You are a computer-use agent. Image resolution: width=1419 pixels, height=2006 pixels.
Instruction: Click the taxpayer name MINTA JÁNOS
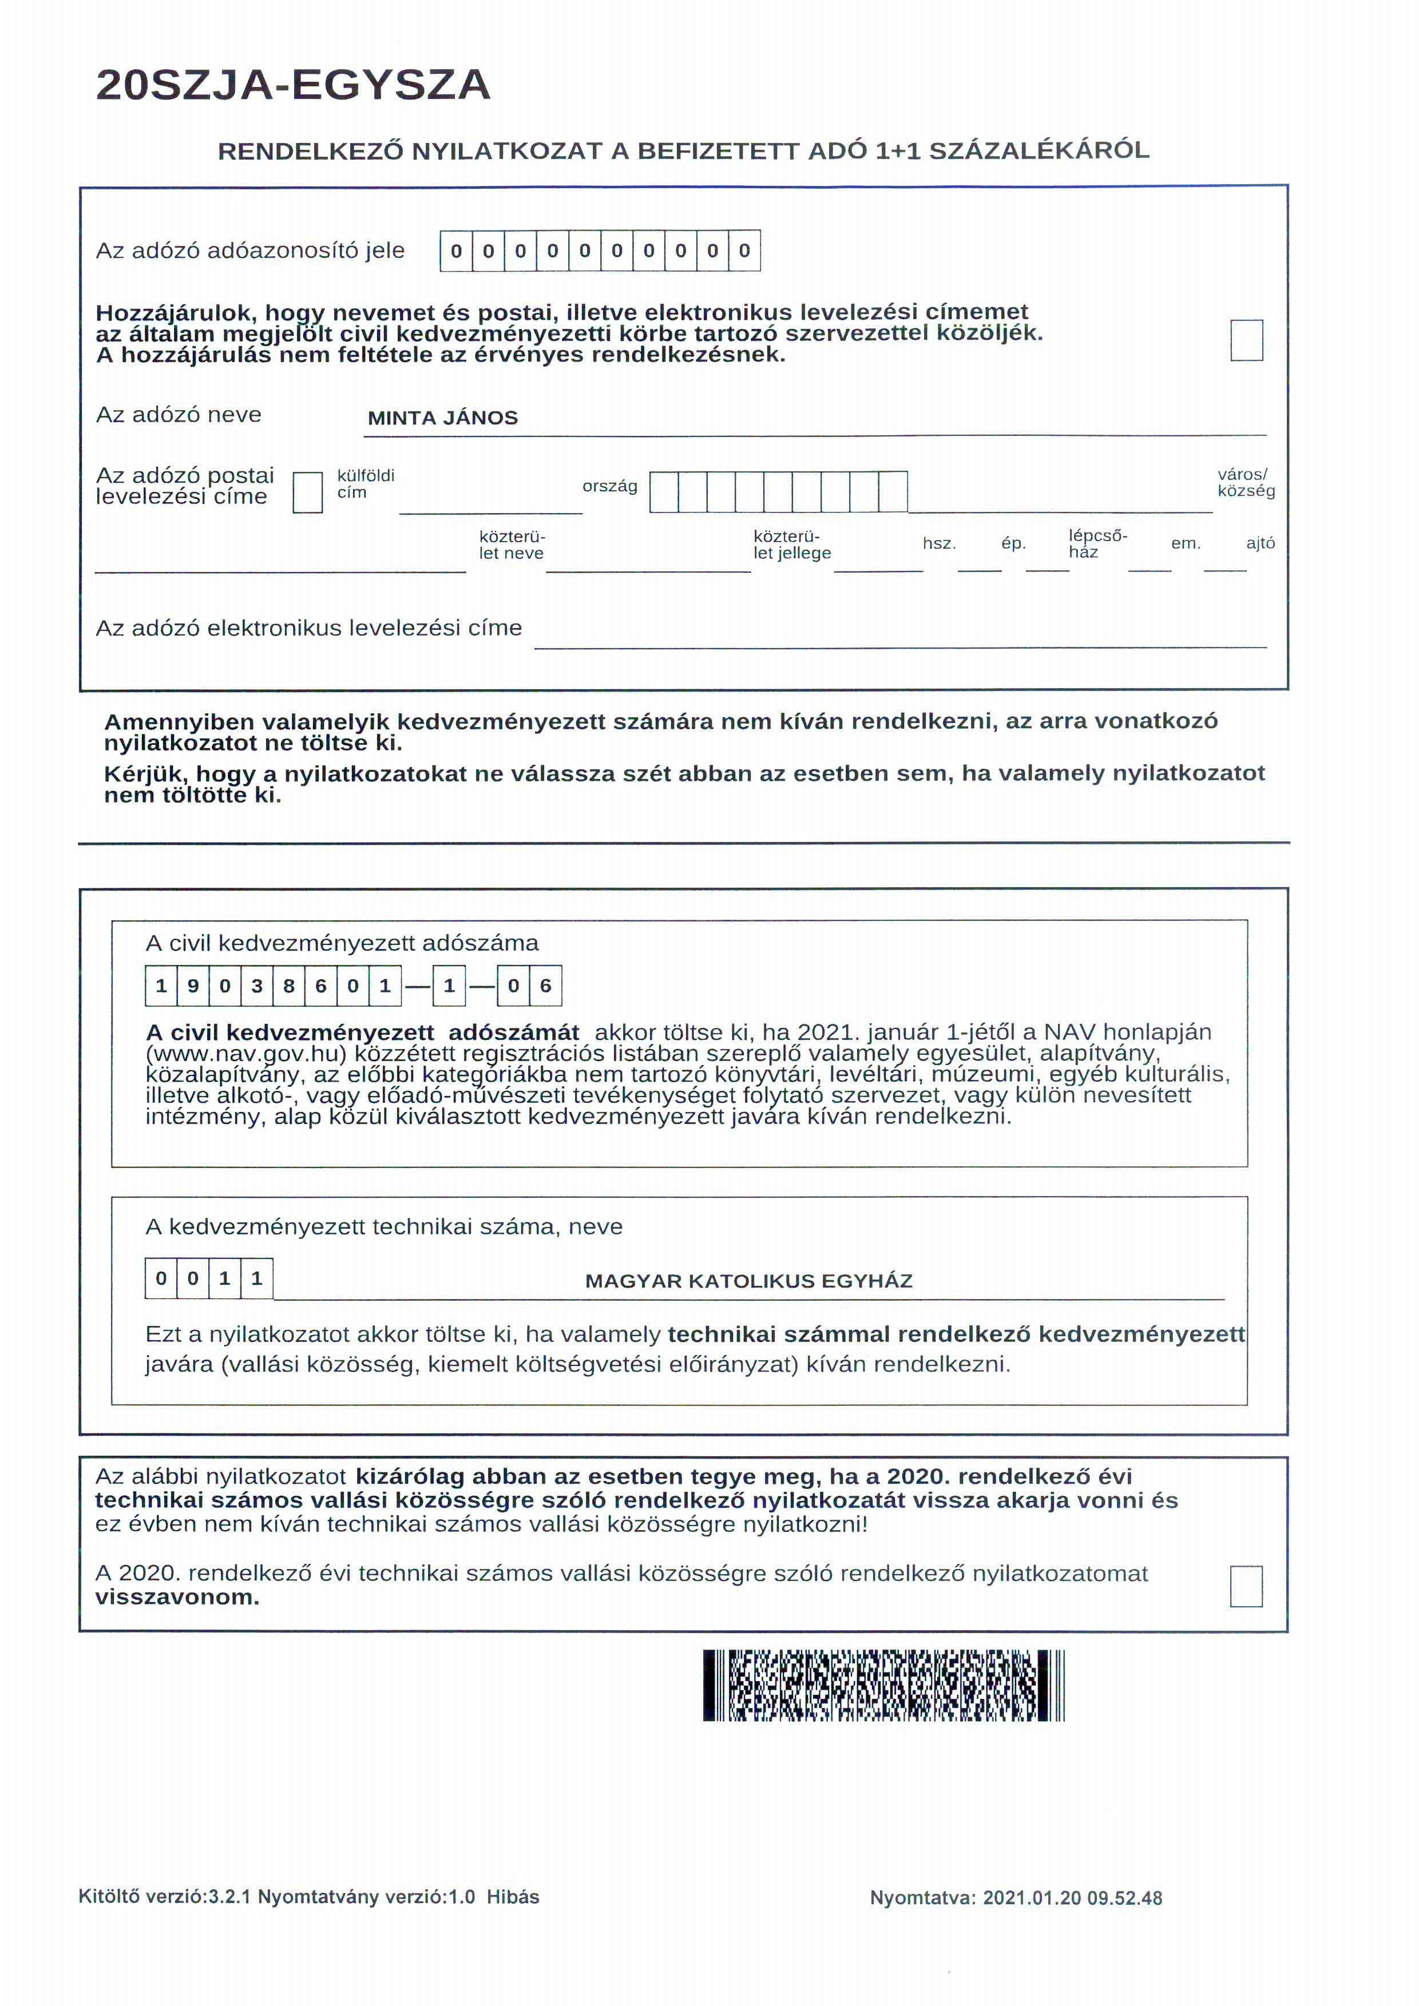(442, 418)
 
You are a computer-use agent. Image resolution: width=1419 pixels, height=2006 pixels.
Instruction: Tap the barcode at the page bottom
(883, 1685)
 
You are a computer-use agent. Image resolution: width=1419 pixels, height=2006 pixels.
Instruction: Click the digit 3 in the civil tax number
(257, 986)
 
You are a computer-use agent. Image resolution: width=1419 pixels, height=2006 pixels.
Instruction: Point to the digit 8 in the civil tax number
(288, 986)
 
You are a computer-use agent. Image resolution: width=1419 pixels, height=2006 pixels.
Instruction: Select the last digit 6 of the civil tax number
(545, 986)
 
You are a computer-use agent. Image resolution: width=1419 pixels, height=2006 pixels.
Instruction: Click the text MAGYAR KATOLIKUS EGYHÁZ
(749, 1281)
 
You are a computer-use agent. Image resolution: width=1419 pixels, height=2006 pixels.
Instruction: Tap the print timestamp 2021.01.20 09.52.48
(1072, 1898)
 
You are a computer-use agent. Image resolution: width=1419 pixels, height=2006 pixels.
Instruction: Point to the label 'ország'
(610, 486)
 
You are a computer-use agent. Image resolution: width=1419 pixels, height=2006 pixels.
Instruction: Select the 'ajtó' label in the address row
(1260, 543)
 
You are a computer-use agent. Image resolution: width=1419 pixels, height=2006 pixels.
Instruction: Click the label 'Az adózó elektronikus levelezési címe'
(308, 627)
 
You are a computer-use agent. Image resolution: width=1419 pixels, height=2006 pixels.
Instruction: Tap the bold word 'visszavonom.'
(177, 1597)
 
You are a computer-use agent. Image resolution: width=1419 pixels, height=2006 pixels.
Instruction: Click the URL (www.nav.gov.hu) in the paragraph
(247, 1053)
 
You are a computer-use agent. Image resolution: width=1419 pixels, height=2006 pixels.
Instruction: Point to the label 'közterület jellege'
(792, 545)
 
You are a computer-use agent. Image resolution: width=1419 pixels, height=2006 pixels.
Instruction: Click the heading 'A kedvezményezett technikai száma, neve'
(383, 1227)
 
